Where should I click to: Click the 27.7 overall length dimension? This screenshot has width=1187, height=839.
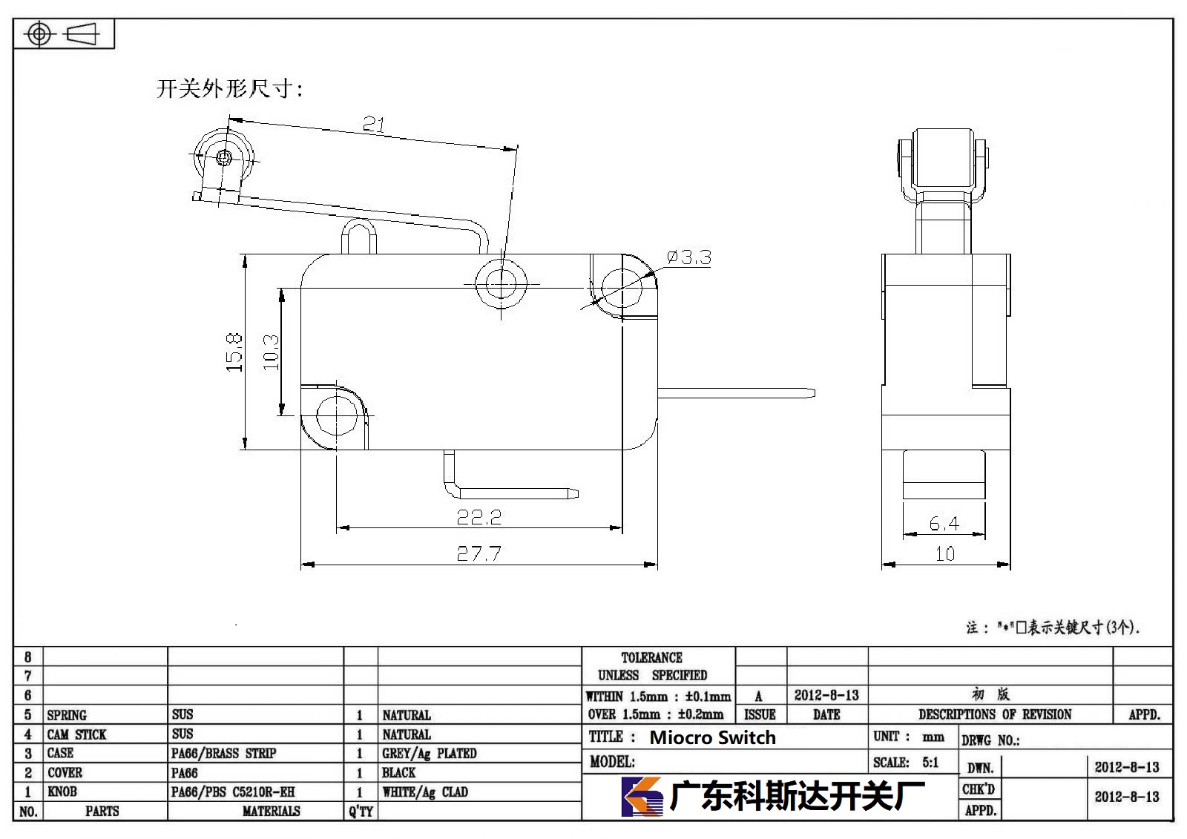479,554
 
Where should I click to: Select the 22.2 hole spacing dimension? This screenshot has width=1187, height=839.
479,517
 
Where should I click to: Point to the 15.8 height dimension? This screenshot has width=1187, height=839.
234,352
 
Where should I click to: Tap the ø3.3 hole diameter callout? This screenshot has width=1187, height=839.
689,257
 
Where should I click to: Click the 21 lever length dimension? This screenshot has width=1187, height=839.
374,124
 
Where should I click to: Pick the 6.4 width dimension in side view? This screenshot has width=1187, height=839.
944,524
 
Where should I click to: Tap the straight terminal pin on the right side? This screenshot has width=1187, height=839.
736,393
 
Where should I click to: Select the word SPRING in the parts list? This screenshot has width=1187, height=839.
67,715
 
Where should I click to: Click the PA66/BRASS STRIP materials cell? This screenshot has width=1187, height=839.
223,753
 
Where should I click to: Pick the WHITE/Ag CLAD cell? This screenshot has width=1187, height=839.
425,792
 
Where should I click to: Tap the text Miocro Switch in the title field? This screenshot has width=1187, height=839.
713,737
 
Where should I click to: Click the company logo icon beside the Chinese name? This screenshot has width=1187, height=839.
642,796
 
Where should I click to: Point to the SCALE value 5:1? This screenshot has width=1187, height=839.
930,762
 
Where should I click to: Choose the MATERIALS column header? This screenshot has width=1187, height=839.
272,811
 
